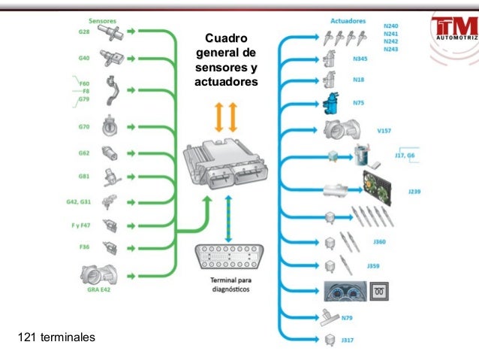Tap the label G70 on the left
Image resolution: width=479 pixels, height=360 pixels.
pyautogui.click(x=85, y=126)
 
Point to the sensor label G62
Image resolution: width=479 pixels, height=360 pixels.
pyautogui.click(x=84, y=153)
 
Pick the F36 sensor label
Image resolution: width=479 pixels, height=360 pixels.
pyautogui.click(x=84, y=246)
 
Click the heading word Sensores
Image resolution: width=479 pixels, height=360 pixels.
pyautogui.click(x=104, y=21)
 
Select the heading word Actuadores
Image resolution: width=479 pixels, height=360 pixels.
pyautogui.click(x=348, y=21)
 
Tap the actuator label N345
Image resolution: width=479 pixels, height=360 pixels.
pyautogui.click(x=360, y=58)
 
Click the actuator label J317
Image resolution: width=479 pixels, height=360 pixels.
pyautogui.click(x=346, y=340)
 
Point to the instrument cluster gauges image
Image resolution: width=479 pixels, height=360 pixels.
pyautogui.click(x=348, y=290)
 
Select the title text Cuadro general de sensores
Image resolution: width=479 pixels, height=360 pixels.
pyautogui.click(x=225, y=59)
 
